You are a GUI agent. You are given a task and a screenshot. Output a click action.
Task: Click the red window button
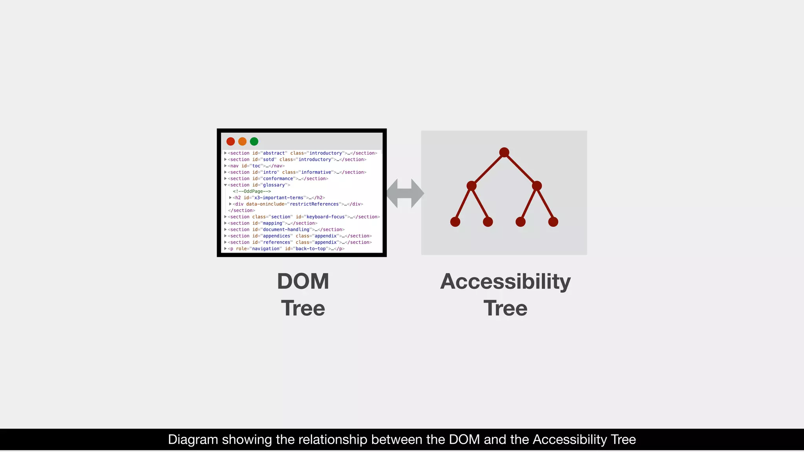click(230, 141)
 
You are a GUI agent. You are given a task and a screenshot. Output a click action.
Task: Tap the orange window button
click(242, 141)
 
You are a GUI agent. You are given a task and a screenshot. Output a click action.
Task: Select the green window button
click(254, 141)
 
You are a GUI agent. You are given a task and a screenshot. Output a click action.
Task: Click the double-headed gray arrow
click(405, 193)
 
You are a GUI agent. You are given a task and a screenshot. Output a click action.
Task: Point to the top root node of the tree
click(504, 152)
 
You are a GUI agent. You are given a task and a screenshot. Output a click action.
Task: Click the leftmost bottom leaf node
click(455, 222)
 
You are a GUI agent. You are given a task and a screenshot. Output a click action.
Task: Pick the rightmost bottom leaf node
click(553, 222)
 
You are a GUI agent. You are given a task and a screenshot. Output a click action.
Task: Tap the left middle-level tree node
click(471, 186)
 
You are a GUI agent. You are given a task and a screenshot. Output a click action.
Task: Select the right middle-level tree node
click(537, 186)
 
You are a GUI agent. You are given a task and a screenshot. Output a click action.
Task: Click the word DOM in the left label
click(303, 281)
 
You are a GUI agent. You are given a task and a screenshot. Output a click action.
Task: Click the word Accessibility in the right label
click(505, 281)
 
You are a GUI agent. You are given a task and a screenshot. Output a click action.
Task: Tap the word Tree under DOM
click(303, 308)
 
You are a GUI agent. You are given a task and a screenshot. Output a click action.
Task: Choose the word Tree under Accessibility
click(505, 308)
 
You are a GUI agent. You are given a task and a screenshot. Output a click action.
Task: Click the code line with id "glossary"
click(259, 185)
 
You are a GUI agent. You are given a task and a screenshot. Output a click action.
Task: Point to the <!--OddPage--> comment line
click(252, 191)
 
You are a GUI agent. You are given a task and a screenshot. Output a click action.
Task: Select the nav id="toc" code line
click(256, 166)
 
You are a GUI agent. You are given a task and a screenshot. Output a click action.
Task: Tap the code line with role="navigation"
click(286, 249)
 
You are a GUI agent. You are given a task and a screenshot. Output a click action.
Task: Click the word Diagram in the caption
click(193, 439)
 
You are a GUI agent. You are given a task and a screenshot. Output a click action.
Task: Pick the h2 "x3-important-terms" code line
click(279, 198)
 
